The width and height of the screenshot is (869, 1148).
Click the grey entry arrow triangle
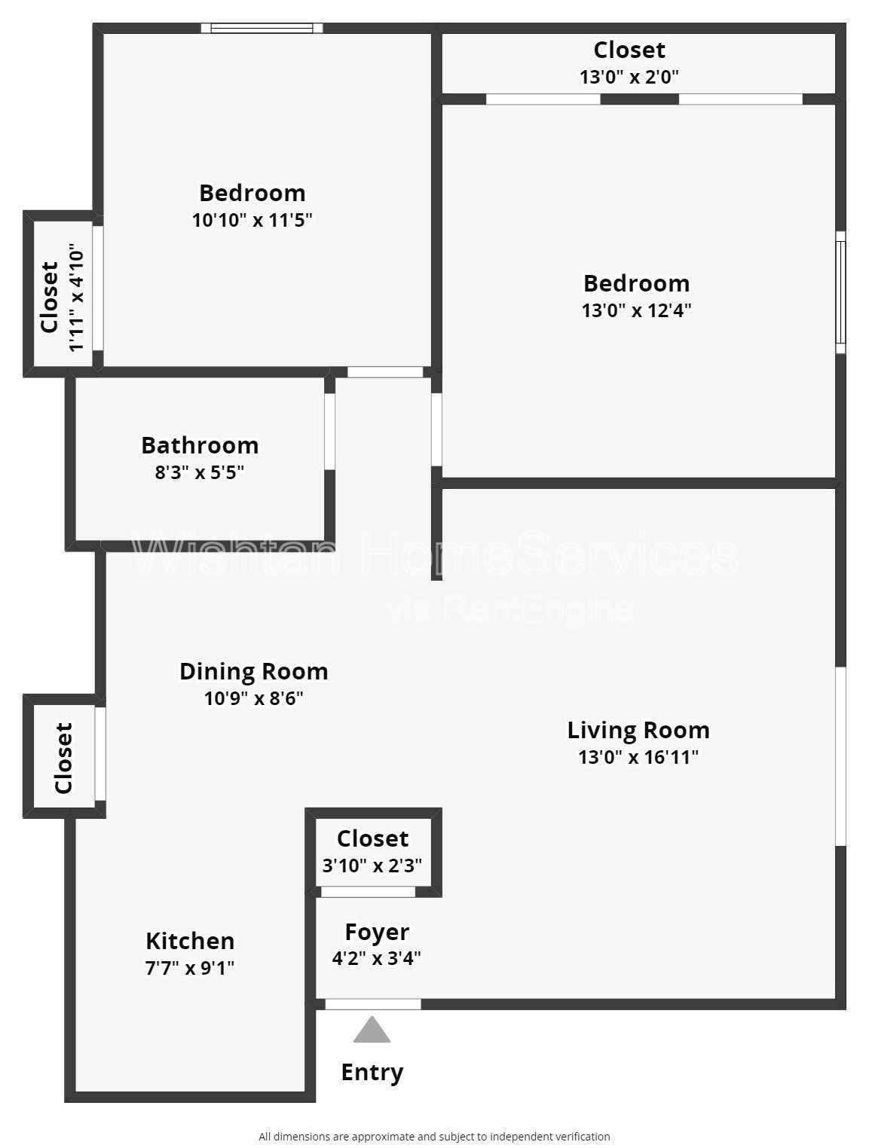click(x=372, y=1030)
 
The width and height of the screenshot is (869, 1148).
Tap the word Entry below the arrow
click(x=372, y=1072)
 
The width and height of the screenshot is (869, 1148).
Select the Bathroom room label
click(x=200, y=445)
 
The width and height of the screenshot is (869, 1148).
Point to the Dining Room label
click(x=253, y=671)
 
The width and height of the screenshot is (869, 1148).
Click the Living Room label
click(x=638, y=730)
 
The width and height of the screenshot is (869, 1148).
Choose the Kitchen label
click(x=190, y=941)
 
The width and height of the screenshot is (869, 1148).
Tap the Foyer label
click(x=377, y=932)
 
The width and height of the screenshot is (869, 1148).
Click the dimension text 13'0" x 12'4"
click(x=636, y=310)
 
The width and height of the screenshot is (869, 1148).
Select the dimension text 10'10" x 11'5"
click(x=252, y=220)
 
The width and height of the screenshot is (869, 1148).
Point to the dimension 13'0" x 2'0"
click(x=629, y=77)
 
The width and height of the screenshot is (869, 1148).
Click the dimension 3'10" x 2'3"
click(x=372, y=866)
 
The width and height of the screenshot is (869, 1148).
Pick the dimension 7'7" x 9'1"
click(x=190, y=967)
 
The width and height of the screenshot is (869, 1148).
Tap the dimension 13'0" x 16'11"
click(x=638, y=757)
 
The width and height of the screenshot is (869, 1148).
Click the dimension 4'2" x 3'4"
click(x=376, y=958)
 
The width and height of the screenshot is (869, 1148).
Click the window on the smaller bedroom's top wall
click(x=262, y=29)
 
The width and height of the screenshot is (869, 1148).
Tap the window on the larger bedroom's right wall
click(x=840, y=292)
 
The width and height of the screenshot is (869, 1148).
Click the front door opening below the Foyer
click(x=372, y=1004)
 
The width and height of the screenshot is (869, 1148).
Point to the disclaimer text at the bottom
click(x=434, y=1137)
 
